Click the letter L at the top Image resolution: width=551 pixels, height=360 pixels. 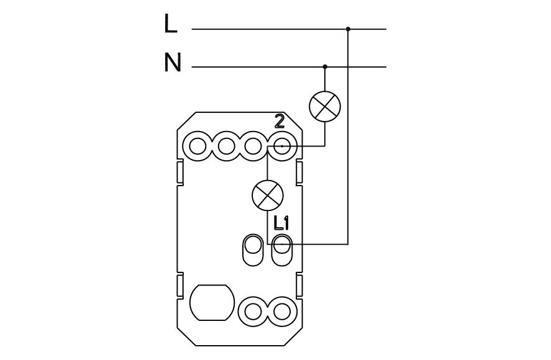point(170,24)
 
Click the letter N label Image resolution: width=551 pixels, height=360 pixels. point(173,63)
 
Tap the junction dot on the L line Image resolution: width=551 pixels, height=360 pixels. point(348,29)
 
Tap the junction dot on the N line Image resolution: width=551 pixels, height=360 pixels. point(325,66)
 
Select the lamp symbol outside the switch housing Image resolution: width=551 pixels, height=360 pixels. point(325,106)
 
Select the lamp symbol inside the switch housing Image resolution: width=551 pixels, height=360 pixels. point(268,196)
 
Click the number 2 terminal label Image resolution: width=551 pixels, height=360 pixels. point(280,122)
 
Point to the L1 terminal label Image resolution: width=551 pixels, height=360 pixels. point(281,223)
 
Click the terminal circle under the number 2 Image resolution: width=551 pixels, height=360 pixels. point(282,146)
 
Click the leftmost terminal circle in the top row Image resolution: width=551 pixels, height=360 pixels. point(198,146)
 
